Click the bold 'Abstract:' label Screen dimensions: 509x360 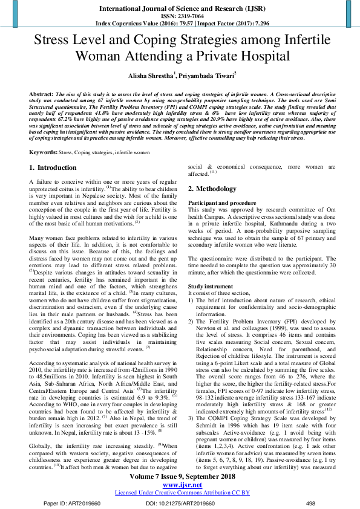click(41, 96)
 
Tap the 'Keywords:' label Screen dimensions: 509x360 click(44, 153)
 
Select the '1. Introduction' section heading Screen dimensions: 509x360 click(53, 167)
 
